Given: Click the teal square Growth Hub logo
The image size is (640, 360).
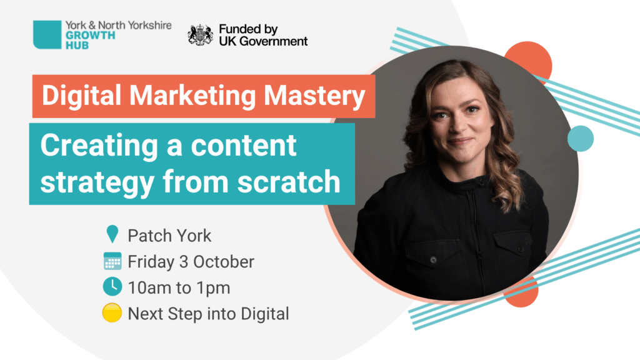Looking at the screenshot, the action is click(47, 35).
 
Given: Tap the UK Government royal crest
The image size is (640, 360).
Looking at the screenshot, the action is click(201, 35).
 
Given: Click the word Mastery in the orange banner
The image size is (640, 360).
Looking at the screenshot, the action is click(314, 96).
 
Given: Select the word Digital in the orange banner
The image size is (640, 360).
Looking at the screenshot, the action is click(82, 95).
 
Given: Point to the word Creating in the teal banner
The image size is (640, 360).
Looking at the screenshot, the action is click(99, 146).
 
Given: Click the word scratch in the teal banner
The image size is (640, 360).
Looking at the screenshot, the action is click(289, 182).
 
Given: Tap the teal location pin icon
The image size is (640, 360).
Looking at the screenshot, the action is click(112, 234).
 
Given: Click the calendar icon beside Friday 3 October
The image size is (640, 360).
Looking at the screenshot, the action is click(112, 261).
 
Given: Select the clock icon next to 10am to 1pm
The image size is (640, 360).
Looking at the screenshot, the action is click(112, 286).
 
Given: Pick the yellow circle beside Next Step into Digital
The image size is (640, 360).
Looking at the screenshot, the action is click(112, 312).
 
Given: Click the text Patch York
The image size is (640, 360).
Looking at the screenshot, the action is click(169, 236).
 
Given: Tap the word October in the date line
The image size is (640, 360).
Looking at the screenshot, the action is click(224, 262).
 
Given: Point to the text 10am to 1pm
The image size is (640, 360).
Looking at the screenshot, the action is click(179, 288).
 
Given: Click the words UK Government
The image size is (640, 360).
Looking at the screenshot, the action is click(263, 41).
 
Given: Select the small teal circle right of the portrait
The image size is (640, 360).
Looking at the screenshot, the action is click(581, 139).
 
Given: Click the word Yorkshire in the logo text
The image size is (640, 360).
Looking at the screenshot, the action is click(149, 25).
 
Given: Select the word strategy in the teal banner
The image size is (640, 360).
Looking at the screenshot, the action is click(97, 182).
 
